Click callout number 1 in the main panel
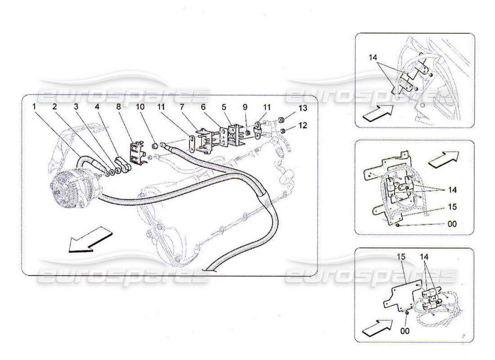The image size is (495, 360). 34,107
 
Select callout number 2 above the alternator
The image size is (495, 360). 54,107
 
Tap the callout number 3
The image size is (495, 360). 76,107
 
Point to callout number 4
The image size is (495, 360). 97,107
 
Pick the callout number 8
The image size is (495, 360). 118,107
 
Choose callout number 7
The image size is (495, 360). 182,107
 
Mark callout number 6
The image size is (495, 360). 203,107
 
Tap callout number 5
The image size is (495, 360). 224,107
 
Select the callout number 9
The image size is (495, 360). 245,107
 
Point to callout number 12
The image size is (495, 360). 302,126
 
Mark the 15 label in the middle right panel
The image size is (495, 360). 452,207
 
